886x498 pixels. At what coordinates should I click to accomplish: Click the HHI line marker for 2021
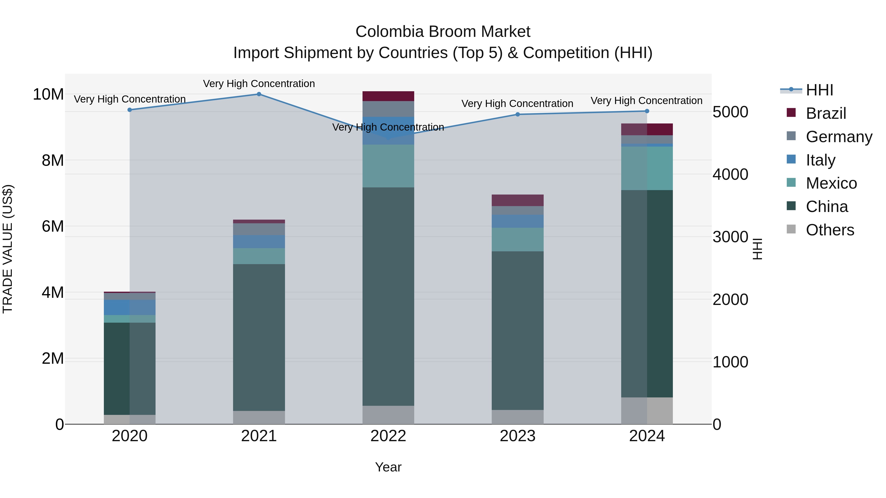[x=259, y=94]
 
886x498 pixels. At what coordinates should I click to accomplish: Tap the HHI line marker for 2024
[x=647, y=111]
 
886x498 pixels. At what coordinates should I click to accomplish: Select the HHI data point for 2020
[x=130, y=110]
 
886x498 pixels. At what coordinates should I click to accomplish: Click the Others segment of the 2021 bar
[x=259, y=417]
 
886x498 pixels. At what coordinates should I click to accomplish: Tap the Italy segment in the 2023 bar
[x=517, y=221]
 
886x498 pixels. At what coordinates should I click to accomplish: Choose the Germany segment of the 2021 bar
[x=259, y=229]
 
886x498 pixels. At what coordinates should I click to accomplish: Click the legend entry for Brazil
[x=825, y=113]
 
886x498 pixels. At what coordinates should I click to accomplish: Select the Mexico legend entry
[x=831, y=183]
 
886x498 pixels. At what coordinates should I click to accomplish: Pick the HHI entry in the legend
[x=819, y=90]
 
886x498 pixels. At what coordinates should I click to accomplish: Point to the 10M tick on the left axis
[x=48, y=94]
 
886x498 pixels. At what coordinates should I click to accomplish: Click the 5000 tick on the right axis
[x=730, y=112]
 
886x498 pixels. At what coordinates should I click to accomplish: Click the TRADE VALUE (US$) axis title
[x=8, y=249]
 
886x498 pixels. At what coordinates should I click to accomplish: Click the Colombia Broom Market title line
[x=443, y=32]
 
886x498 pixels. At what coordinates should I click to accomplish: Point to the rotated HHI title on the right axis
[x=757, y=249]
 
